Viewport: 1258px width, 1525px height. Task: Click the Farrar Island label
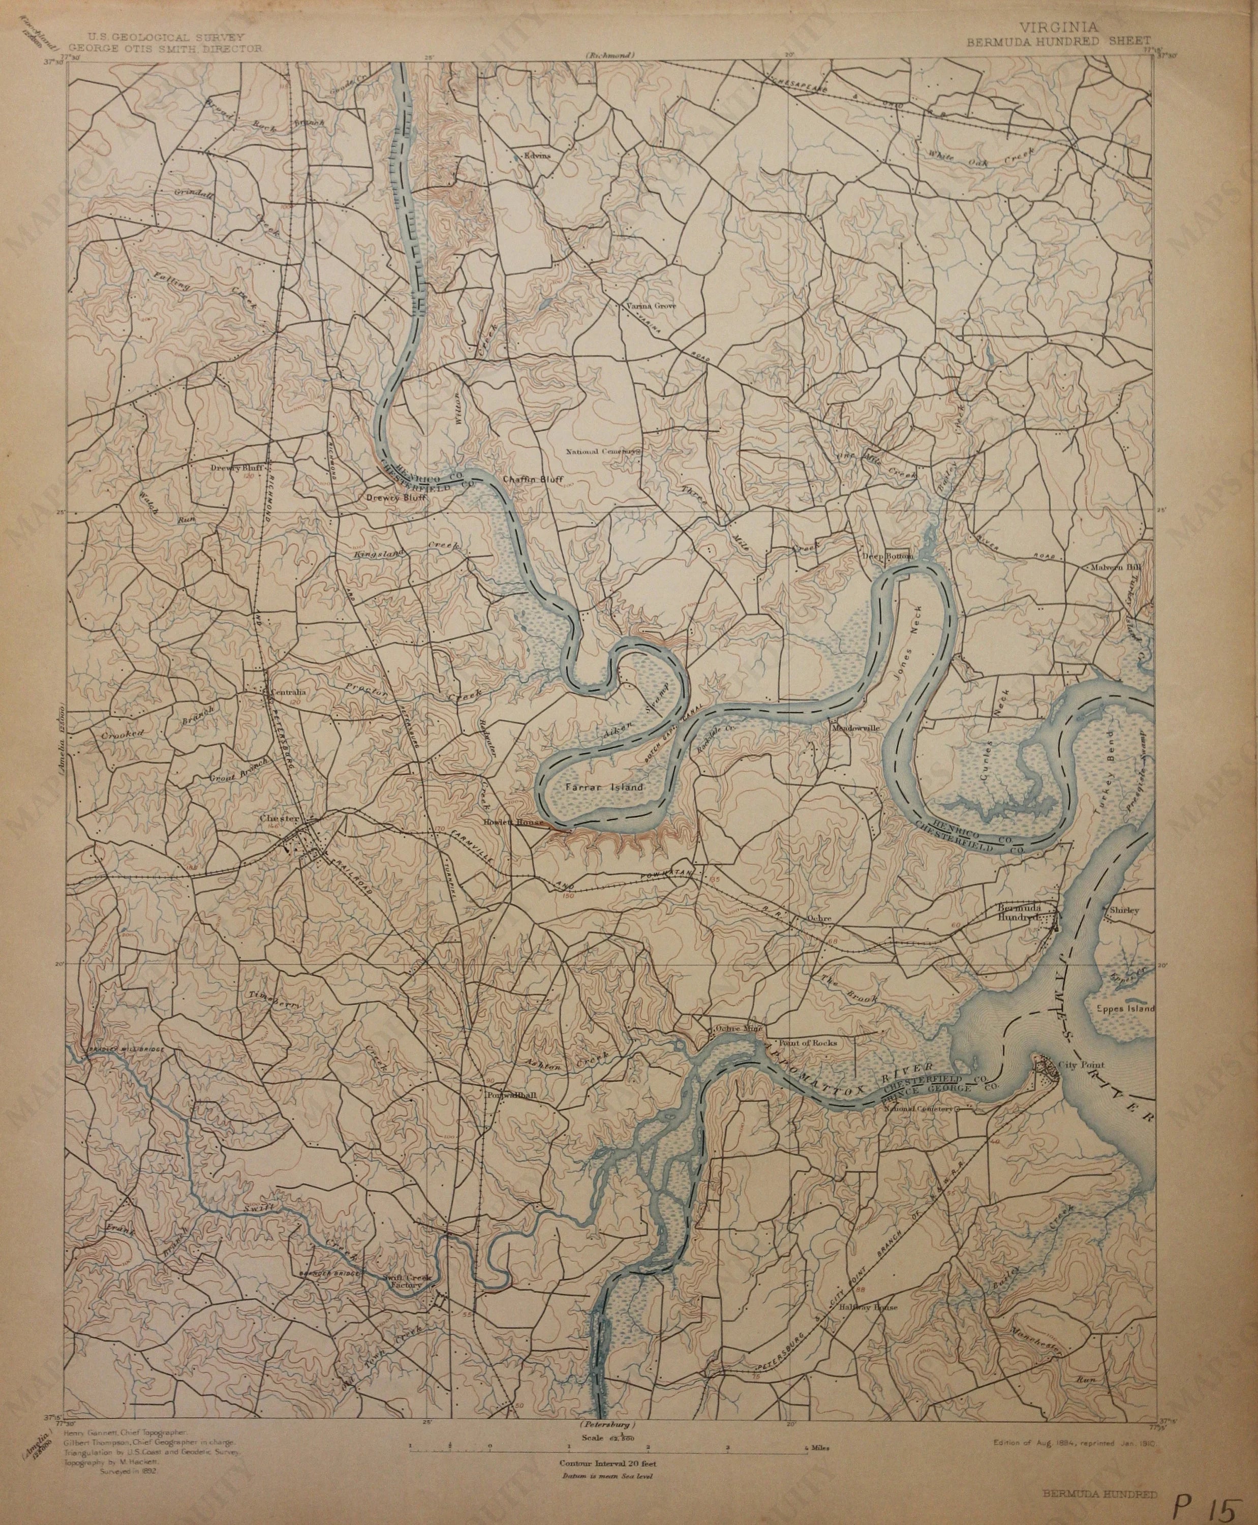pyautogui.click(x=603, y=786)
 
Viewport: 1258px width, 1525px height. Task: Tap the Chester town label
pyautogui.click(x=279, y=818)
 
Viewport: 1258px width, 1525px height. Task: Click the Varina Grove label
pyautogui.click(x=651, y=306)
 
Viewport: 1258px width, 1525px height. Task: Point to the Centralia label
pyautogui.click(x=287, y=692)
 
